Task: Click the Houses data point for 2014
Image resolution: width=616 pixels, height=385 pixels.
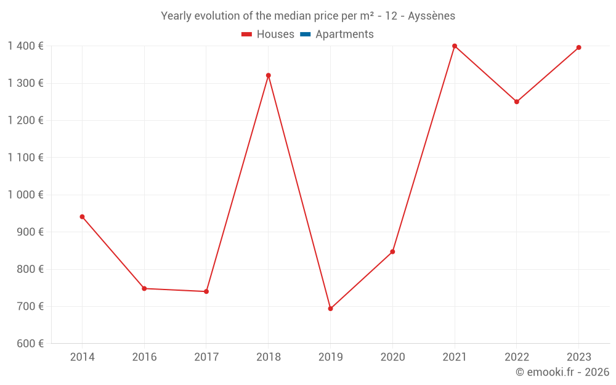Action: tap(82, 217)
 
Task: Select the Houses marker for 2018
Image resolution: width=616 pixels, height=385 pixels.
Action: tap(269, 75)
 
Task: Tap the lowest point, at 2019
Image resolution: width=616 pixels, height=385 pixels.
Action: tap(330, 309)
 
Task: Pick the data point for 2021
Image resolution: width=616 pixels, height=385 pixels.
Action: tap(455, 46)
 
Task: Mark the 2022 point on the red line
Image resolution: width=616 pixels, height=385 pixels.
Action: tap(517, 102)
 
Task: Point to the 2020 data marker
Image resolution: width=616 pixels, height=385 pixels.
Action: tap(392, 251)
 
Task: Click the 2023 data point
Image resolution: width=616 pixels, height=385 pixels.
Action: tap(578, 47)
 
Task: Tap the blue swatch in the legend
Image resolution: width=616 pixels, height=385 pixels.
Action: tap(305, 34)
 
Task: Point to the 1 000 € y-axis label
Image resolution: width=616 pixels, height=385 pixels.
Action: tap(25, 195)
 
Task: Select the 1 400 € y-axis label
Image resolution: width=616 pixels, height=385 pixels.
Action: tap(25, 46)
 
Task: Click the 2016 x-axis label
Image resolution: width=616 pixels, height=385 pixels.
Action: tap(144, 357)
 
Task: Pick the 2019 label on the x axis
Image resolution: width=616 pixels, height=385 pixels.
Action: tap(330, 357)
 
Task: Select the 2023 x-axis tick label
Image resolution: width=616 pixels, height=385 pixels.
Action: tap(578, 357)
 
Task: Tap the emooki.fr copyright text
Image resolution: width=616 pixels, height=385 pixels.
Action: tap(562, 372)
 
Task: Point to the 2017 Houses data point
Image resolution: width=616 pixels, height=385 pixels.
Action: tap(206, 291)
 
